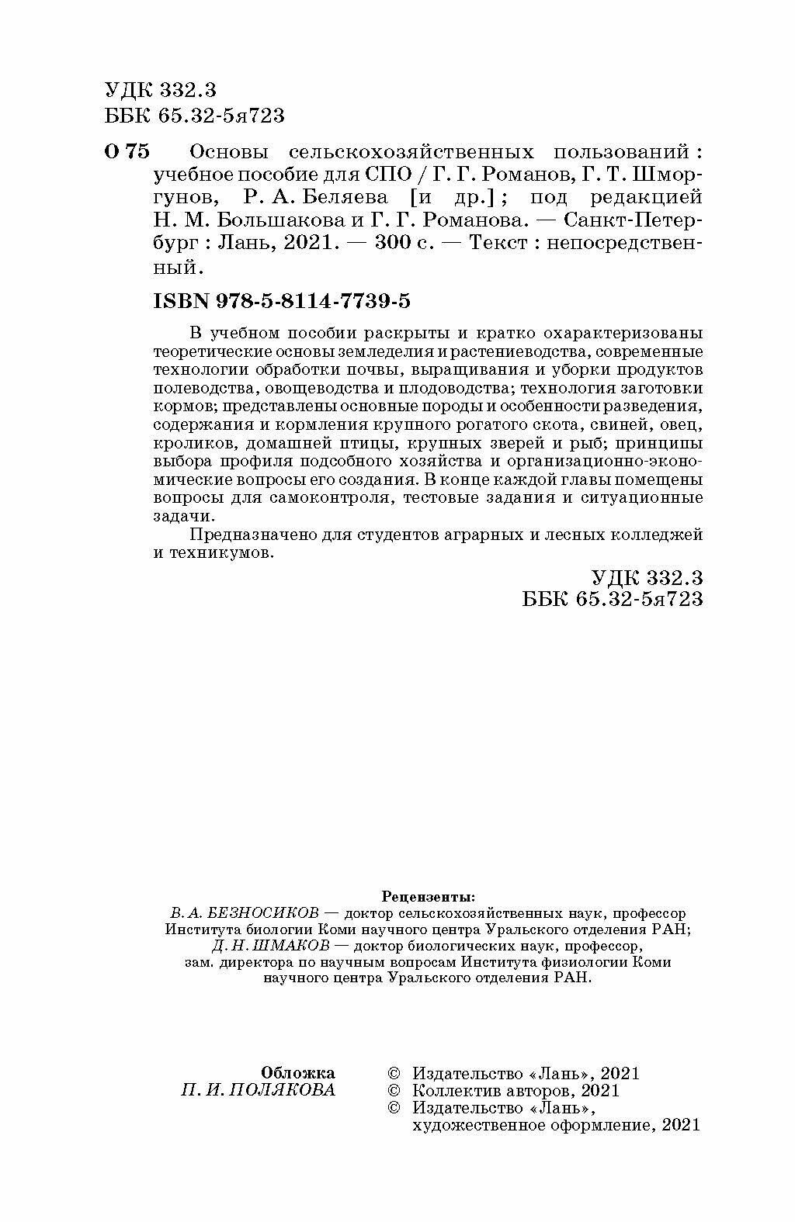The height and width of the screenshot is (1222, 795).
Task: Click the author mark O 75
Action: coord(127,151)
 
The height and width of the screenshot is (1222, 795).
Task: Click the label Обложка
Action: coord(298,1073)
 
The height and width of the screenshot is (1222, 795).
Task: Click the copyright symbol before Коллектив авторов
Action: coord(394,1091)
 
